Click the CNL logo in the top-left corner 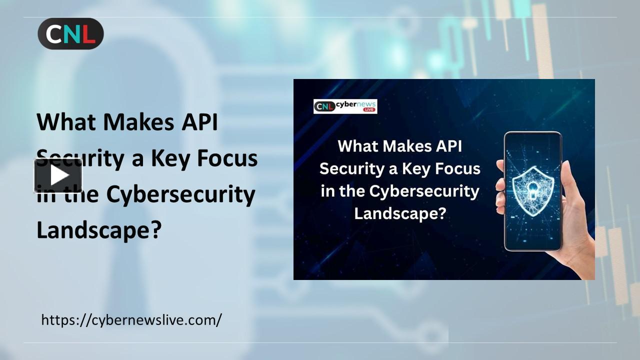point(70,33)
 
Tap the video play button point(58,175)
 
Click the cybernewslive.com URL point(131,320)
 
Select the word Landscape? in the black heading point(99,229)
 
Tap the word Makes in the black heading point(138,122)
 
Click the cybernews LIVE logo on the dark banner point(345,106)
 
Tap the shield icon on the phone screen point(533,191)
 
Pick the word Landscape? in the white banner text point(400,213)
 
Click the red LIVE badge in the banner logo point(369,109)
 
